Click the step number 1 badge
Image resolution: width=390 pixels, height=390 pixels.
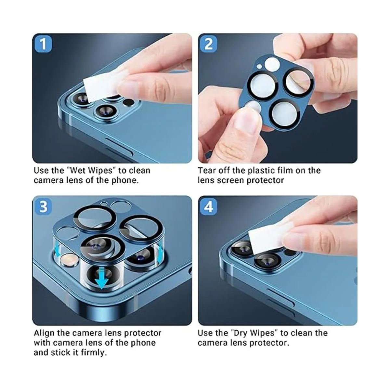pos(43,44)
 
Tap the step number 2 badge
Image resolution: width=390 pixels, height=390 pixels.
pos(209,44)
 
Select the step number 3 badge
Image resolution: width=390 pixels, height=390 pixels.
pos(43,207)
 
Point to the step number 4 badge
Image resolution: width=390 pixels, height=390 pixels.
pos(209,207)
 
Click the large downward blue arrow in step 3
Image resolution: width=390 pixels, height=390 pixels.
pos(102,278)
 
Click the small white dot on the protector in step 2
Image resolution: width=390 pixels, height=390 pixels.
pos(259,66)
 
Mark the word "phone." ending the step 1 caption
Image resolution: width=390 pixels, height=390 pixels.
pos(125,180)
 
